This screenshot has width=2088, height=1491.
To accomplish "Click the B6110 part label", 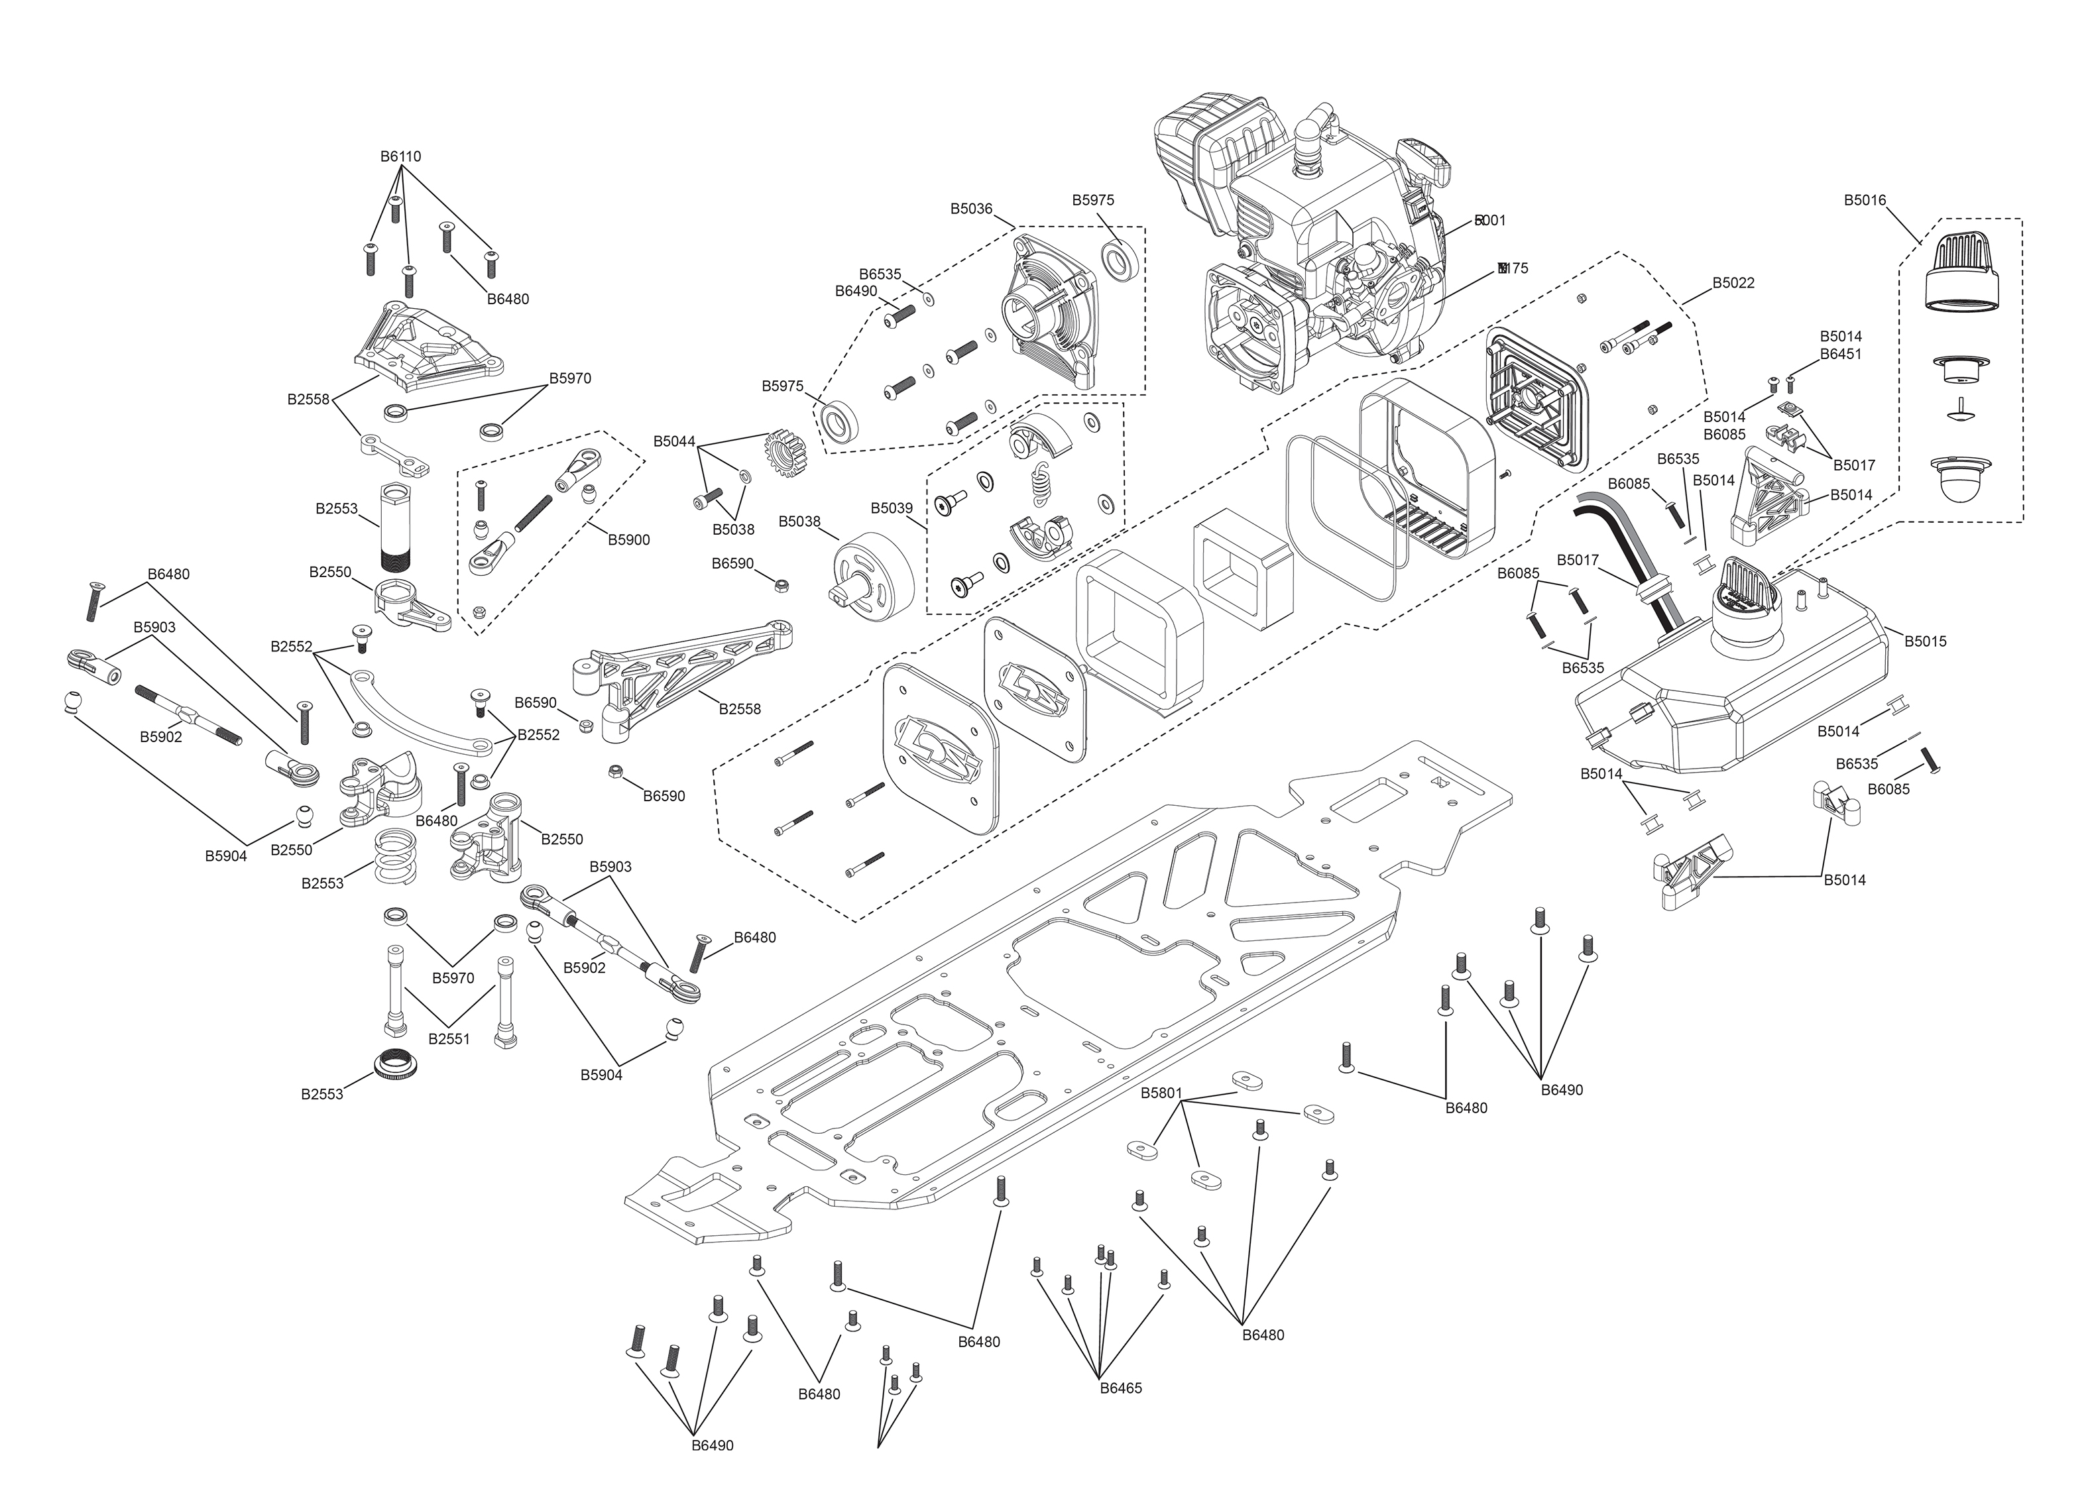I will pos(400,157).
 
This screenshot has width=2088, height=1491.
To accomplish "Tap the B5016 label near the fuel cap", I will pos(1864,201).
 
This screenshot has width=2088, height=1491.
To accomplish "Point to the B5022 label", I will pos(1733,283).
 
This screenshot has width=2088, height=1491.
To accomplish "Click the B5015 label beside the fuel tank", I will pos(1924,641).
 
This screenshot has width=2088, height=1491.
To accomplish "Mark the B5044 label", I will pos(674,441).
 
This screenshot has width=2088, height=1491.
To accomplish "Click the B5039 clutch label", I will pos(892,508).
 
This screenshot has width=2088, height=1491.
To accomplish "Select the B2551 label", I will pos(449,1039).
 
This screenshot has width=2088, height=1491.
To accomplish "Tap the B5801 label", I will pos(1161,1093).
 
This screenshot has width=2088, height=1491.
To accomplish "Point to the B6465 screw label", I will pos(1120,1388).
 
